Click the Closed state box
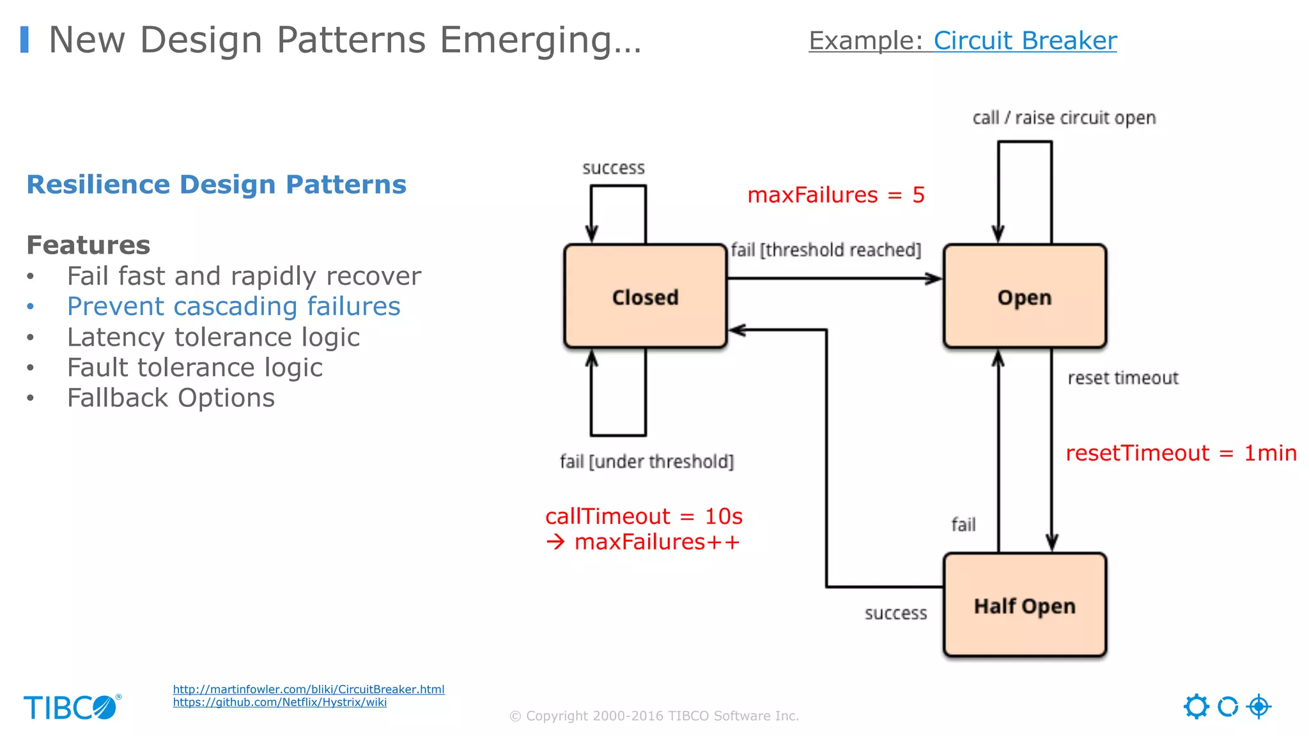pyautogui.click(x=645, y=296)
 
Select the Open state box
pyautogui.click(x=1024, y=296)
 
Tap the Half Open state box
pyautogui.click(x=1024, y=605)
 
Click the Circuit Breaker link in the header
pyautogui.click(x=1025, y=41)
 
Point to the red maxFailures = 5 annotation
pyautogui.click(x=835, y=195)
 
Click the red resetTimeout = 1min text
pyautogui.click(x=1181, y=453)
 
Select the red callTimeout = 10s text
pyautogui.click(x=643, y=516)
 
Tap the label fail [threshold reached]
pyautogui.click(x=826, y=250)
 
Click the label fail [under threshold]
pyautogui.click(x=646, y=461)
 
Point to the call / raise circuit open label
pyautogui.click(x=1064, y=118)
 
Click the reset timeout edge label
pyautogui.click(x=1122, y=378)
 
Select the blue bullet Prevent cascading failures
pyautogui.click(x=233, y=307)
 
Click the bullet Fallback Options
pyautogui.click(x=171, y=398)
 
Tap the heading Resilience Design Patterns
pyautogui.click(x=216, y=185)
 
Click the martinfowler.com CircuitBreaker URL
pyautogui.click(x=308, y=689)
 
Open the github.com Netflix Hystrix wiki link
pyautogui.click(x=279, y=702)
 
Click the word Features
pyautogui.click(x=88, y=245)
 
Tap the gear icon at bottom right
pyautogui.click(x=1196, y=707)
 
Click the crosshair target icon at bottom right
pyautogui.click(x=1259, y=707)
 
